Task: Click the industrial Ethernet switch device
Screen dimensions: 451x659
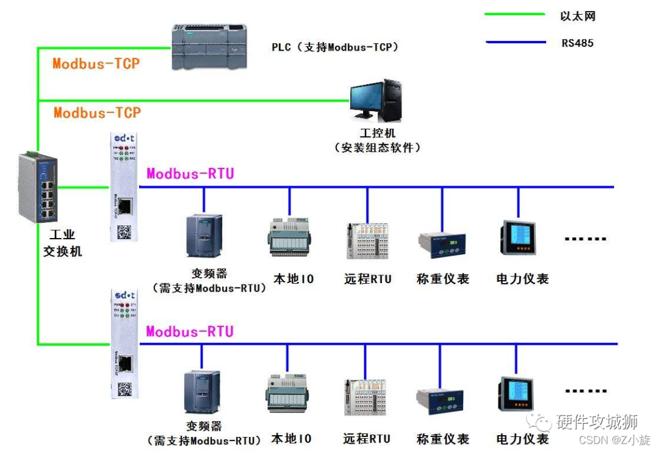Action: click(x=38, y=187)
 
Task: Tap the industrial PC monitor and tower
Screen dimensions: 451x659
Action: click(x=376, y=100)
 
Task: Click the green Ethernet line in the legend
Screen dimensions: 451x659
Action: click(x=514, y=13)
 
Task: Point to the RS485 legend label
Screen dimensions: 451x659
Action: click(x=577, y=43)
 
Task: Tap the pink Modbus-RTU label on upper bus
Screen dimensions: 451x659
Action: click(x=190, y=174)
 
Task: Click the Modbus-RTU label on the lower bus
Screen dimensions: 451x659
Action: click(x=190, y=331)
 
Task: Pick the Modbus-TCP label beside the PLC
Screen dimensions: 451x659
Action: click(x=96, y=63)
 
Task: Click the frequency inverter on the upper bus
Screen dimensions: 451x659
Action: click(x=204, y=235)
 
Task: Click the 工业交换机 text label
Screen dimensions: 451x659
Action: click(x=62, y=243)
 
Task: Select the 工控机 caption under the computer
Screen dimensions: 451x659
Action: click(x=377, y=132)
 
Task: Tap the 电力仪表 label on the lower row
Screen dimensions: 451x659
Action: click(x=522, y=438)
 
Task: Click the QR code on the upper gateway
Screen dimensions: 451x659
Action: click(x=124, y=231)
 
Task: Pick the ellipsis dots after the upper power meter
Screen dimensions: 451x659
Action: click(x=585, y=239)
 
